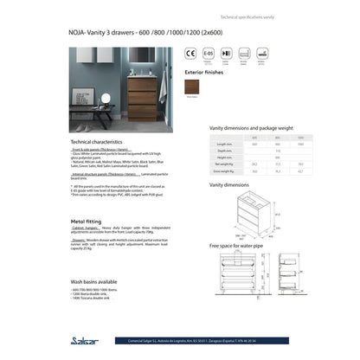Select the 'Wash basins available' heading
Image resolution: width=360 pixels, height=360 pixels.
[x=95, y=282]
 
